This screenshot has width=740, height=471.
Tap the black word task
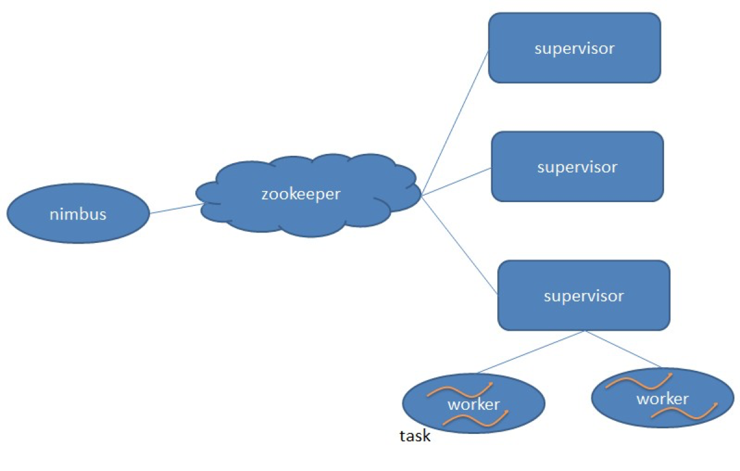click(414, 436)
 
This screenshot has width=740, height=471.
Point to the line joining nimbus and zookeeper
click(176, 209)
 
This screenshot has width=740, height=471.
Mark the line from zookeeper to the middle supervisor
click(457, 181)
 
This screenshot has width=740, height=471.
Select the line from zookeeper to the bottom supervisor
click(460, 244)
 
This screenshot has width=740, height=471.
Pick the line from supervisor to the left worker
click(531, 352)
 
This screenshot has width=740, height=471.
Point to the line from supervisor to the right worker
click(624, 349)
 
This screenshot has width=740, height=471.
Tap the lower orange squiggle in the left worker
click(476, 419)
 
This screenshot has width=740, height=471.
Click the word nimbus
click(78, 214)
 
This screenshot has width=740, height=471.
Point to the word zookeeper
click(301, 194)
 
